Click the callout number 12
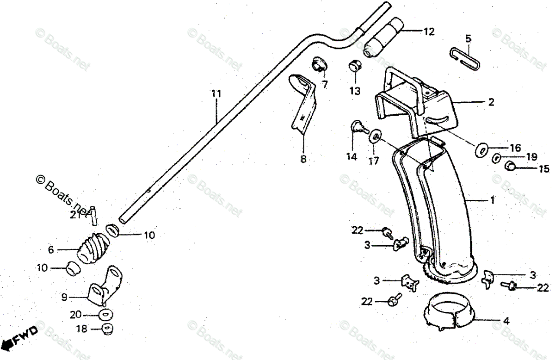tap(429, 31)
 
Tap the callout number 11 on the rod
tap(216, 94)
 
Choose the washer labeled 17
tap(375, 137)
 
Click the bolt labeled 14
tap(358, 126)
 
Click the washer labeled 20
tap(105, 315)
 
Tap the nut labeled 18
tap(107, 329)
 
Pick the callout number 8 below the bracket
tap(303, 160)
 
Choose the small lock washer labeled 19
tap(496, 158)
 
